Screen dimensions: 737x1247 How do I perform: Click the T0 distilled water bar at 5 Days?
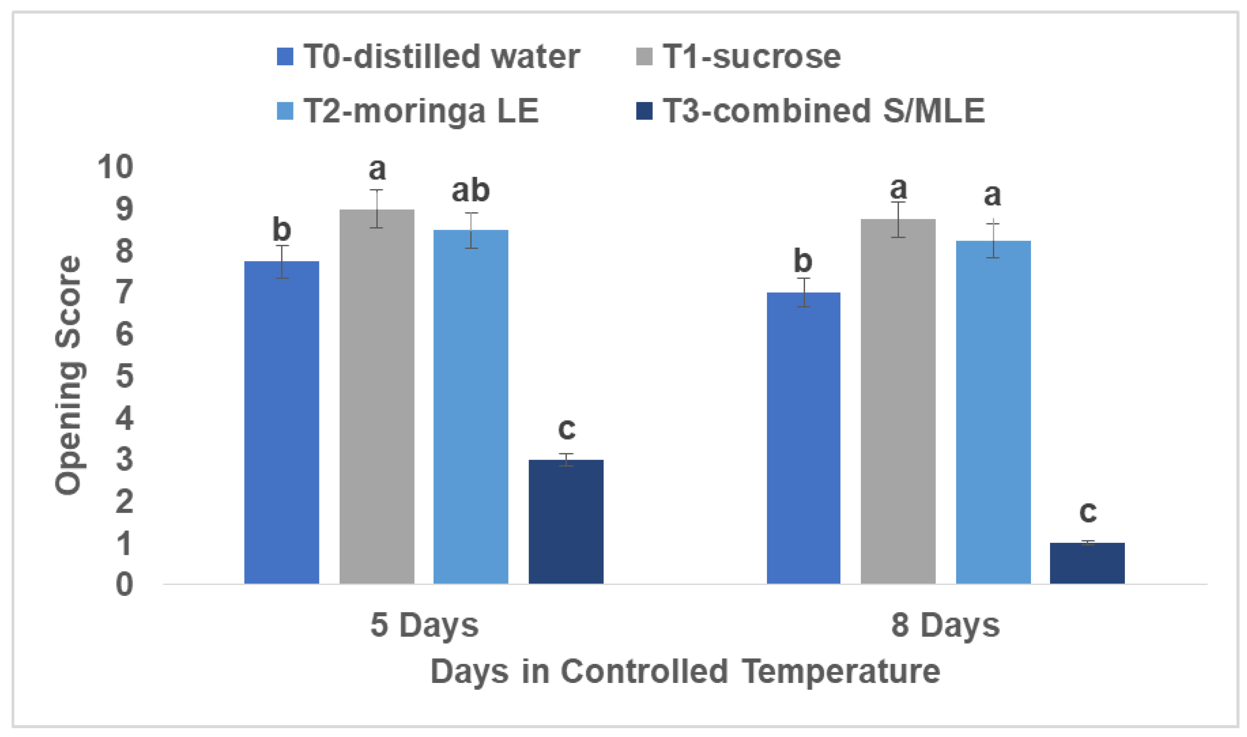(281, 422)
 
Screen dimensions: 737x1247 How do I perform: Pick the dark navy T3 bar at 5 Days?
(566, 521)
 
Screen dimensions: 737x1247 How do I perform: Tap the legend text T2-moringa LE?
(421, 111)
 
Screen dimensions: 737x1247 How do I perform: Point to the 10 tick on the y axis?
(115, 167)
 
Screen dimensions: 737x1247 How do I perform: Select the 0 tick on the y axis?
(124, 584)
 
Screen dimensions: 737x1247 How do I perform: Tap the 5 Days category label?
(424, 625)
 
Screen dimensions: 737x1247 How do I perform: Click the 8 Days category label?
(945, 625)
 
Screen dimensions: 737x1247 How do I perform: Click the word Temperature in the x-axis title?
(841, 672)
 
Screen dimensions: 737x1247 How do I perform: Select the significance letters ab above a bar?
(470, 191)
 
